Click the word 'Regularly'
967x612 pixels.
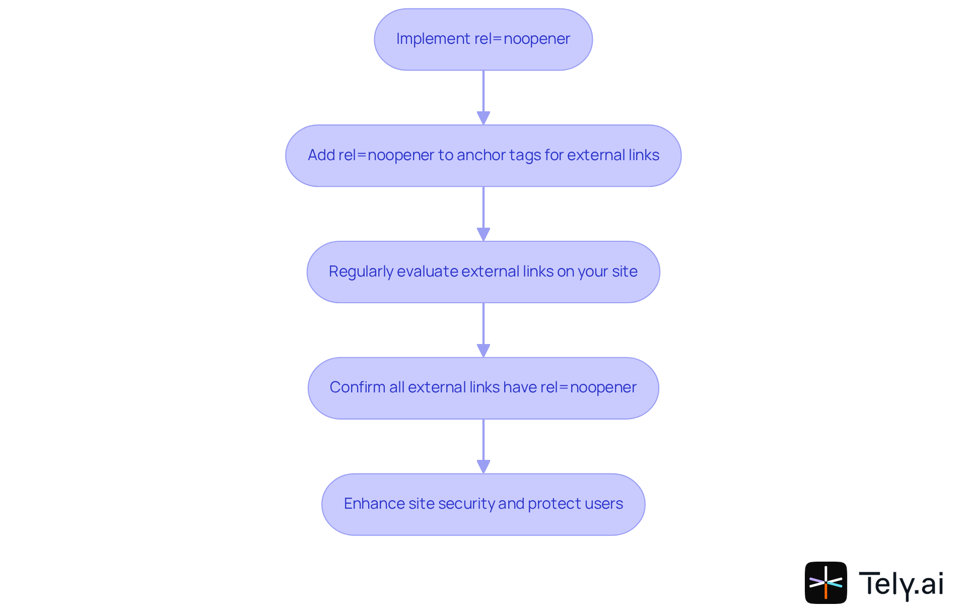point(361,271)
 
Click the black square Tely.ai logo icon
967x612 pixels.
point(825,583)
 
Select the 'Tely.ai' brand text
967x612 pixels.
point(901,584)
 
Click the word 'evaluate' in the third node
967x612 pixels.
point(427,271)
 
